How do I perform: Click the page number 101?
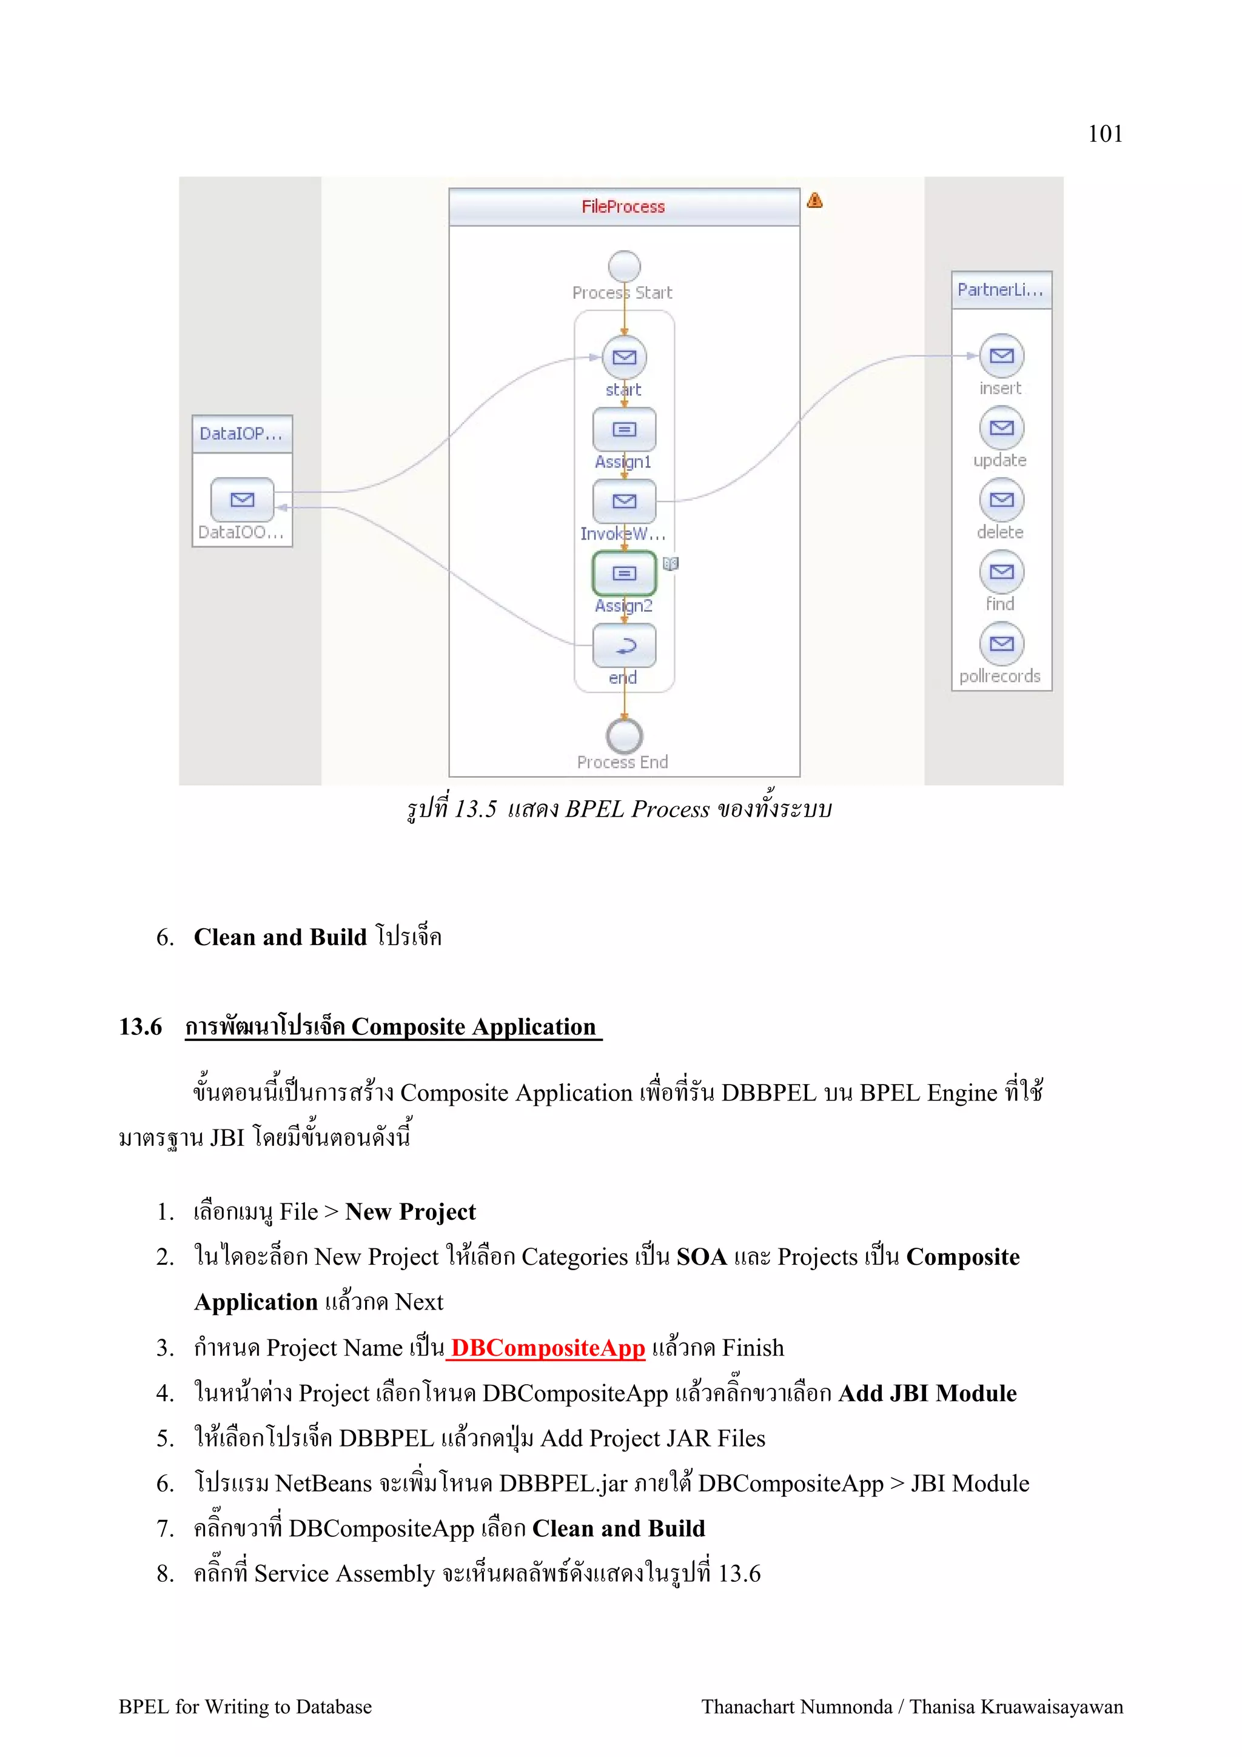[x=1104, y=134]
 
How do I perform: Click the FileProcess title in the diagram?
[x=623, y=207]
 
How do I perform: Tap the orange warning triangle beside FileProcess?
[x=814, y=201]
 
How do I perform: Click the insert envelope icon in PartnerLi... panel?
[x=1002, y=356]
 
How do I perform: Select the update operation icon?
[x=1002, y=428]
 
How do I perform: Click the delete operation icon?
[x=1002, y=500]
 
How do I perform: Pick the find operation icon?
[x=1002, y=572]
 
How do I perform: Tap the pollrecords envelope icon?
[x=1002, y=644]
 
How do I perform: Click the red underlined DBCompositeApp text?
[x=548, y=1348]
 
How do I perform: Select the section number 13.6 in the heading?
[x=140, y=1026]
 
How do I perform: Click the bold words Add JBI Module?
[x=927, y=1393]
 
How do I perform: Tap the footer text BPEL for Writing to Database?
[x=245, y=1707]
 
